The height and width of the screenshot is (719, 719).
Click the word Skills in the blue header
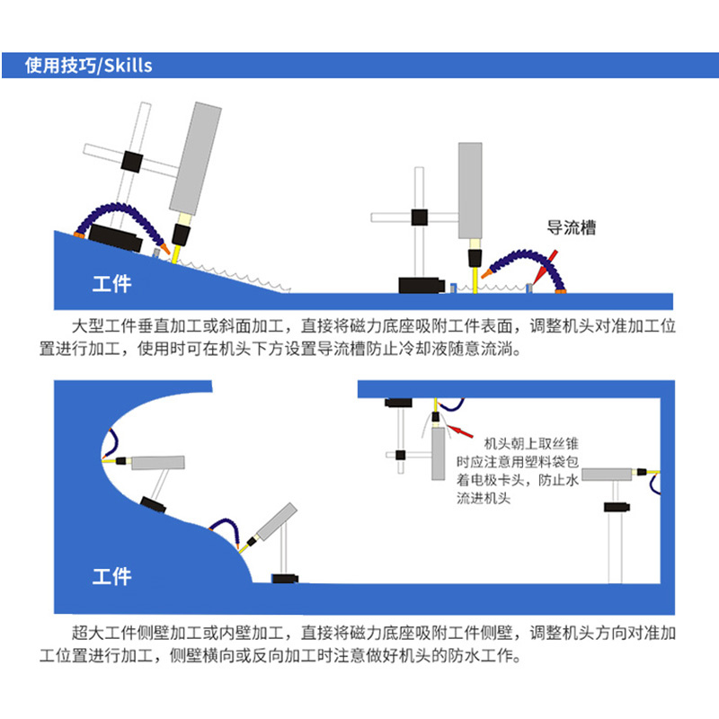pyautogui.click(x=129, y=66)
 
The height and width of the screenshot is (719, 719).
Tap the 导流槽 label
pyautogui.click(x=572, y=228)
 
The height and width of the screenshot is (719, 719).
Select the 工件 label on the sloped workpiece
pyautogui.click(x=111, y=284)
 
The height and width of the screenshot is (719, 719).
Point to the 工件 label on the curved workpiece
pyautogui.click(x=111, y=576)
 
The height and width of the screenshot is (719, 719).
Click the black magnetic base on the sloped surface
pyautogui.click(x=115, y=239)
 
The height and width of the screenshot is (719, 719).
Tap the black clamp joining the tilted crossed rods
pyautogui.click(x=132, y=162)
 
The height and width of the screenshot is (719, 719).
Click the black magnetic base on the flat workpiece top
pyautogui.click(x=422, y=286)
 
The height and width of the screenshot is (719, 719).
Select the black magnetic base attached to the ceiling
pyautogui.click(x=396, y=403)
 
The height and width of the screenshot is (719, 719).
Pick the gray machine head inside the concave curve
pyautogui.click(x=158, y=463)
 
